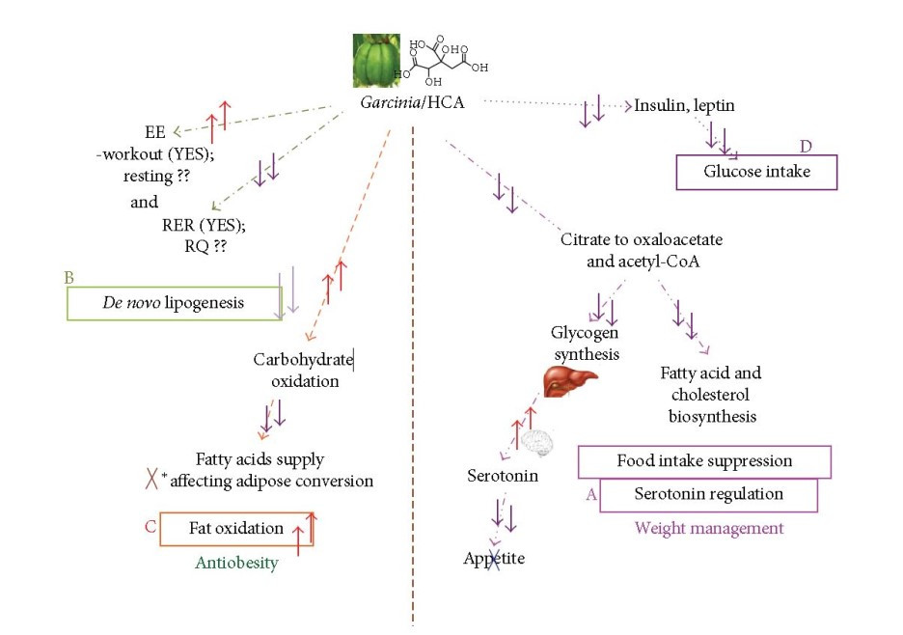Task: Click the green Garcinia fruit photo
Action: [x=378, y=61]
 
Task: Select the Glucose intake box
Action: [x=756, y=172]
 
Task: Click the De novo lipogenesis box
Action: [x=174, y=303]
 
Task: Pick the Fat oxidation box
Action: [x=236, y=528]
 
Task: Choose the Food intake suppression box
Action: [x=704, y=460]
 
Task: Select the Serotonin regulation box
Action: [x=708, y=494]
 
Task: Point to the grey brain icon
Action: [x=537, y=441]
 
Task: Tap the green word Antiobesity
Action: [x=236, y=563]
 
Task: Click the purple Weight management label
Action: [x=708, y=528]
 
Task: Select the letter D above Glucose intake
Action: [x=807, y=146]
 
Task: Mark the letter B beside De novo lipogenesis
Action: [x=69, y=278]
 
